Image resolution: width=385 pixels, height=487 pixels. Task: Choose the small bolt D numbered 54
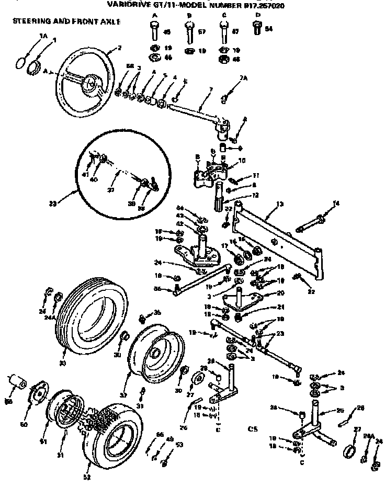(256, 30)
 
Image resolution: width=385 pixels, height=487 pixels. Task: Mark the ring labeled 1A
(20, 61)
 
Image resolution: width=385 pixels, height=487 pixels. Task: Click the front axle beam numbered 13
(277, 235)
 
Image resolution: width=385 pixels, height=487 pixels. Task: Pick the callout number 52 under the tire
(87, 477)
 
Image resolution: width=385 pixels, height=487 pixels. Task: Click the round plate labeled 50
(37, 393)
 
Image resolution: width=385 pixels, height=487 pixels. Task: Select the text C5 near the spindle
(253, 429)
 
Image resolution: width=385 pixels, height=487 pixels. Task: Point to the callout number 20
(281, 293)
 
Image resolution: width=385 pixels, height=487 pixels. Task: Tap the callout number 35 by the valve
(157, 313)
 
